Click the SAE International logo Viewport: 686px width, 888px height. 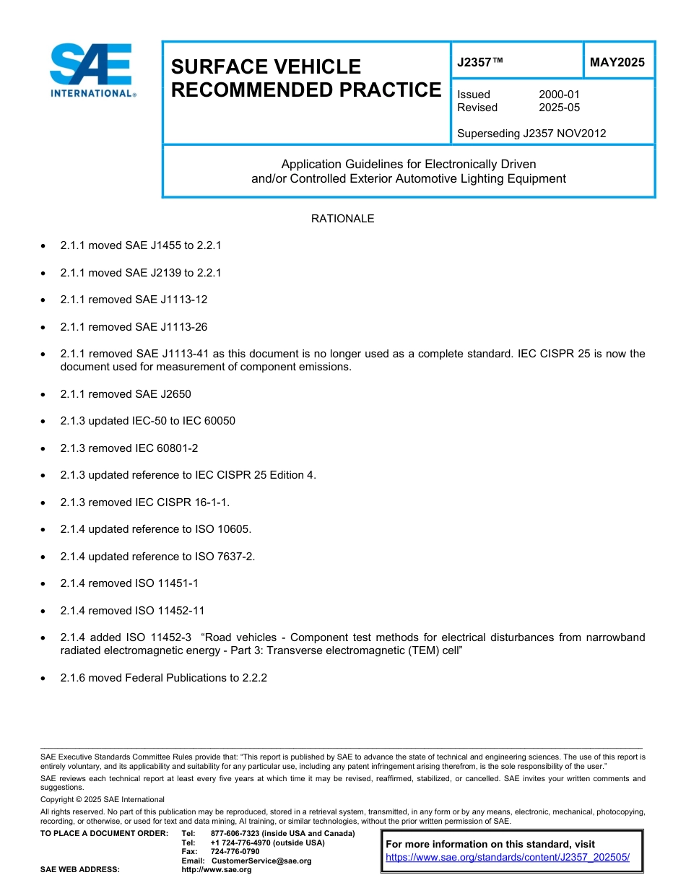coord(92,70)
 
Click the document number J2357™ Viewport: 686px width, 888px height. coord(479,63)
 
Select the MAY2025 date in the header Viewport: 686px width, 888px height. coord(617,63)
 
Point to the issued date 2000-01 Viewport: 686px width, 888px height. coord(559,95)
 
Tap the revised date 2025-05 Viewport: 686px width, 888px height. coord(559,108)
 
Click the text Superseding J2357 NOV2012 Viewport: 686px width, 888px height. coord(531,133)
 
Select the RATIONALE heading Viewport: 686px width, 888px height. coord(342,219)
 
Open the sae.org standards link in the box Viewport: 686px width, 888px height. coord(508,858)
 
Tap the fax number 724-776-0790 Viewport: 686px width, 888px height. coord(235,852)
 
